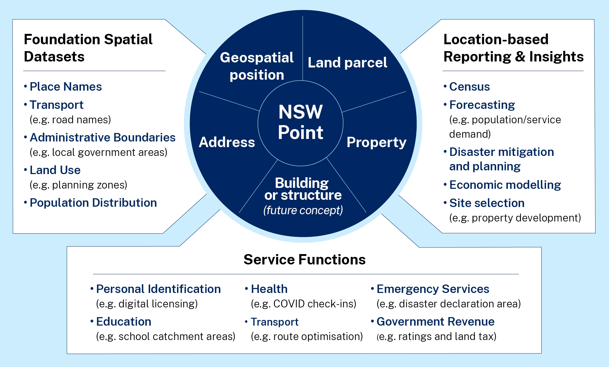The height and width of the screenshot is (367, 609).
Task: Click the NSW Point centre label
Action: click(x=300, y=122)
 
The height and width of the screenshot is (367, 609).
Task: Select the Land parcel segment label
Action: click(x=347, y=63)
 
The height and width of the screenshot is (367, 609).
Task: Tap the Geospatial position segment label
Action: click(x=257, y=66)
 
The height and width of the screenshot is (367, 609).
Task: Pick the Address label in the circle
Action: click(x=227, y=142)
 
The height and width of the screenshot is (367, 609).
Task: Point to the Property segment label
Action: click(x=376, y=142)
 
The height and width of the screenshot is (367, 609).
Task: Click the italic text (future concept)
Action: click(x=303, y=210)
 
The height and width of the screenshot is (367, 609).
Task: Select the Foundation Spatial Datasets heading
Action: click(x=88, y=48)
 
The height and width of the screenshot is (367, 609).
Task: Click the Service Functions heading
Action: click(x=304, y=260)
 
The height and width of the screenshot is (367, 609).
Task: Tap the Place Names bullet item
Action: click(x=66, y=87)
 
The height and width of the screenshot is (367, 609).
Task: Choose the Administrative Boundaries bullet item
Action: click(x=102, y=138)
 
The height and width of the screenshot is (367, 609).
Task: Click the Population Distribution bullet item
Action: click(x=93, y=203)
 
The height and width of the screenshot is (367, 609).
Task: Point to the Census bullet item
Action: click(x=469, y=87)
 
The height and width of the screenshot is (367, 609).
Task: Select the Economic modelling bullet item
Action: click(x=505, y=185)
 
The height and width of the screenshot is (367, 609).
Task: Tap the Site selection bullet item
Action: click(x=487, y=203)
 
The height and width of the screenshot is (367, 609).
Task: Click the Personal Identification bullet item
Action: click(x=158, y=289)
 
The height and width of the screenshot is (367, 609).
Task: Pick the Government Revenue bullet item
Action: click(x=435, y=322)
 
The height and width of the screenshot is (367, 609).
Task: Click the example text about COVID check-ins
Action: click(x=303, y=304)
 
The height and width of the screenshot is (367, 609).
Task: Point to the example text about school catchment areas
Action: click(x=165, y=336)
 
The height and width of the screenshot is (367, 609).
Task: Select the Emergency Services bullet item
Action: click(x=433, y=289)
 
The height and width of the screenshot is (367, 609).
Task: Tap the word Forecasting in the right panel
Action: click(x=482, y=105)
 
